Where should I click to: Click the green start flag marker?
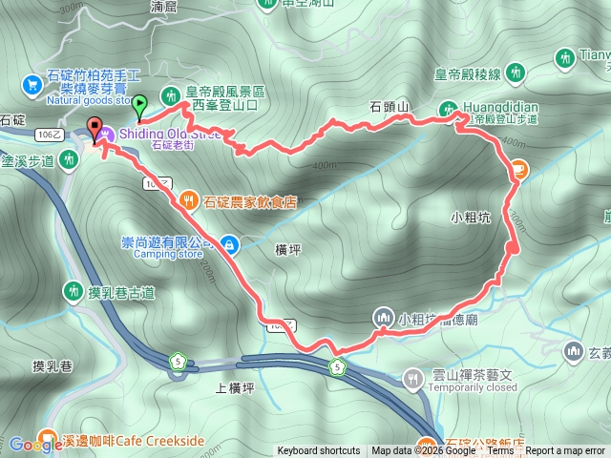point(139,105)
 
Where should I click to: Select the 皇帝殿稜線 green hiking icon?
point(516,72)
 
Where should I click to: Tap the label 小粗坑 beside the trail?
point(470,217)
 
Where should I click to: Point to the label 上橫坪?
point(234,386)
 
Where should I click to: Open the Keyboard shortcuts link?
point(319,451)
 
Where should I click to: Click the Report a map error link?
point(566,451)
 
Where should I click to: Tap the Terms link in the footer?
point(500,451)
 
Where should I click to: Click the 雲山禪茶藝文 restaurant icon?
point(411,378)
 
